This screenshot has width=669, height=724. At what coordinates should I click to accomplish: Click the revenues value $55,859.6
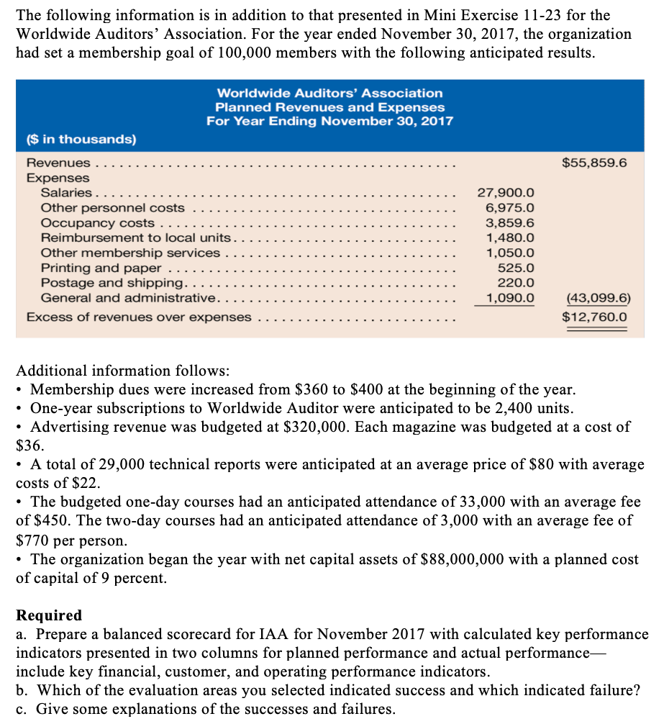click(x=593, y=163)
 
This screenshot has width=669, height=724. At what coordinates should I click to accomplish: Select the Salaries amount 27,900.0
click(x=506, y=193)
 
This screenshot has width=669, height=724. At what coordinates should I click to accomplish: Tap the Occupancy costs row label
click(x=97, y=223)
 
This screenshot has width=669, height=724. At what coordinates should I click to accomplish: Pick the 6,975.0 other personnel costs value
click(x=510, y=208)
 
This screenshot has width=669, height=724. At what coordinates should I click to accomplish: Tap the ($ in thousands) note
click(x=81, y=138)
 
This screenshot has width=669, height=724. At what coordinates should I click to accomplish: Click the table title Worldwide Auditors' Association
click(x=329, y=94)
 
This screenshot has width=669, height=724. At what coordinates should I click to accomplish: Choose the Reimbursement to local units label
click(x=136, y=237)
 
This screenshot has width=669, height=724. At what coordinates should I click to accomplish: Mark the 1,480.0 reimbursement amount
click(x=510, y=237)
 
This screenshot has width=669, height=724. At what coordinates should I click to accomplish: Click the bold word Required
click(x=49, y=615)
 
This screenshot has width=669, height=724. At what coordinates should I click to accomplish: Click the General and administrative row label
click(x=128, y=298)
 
